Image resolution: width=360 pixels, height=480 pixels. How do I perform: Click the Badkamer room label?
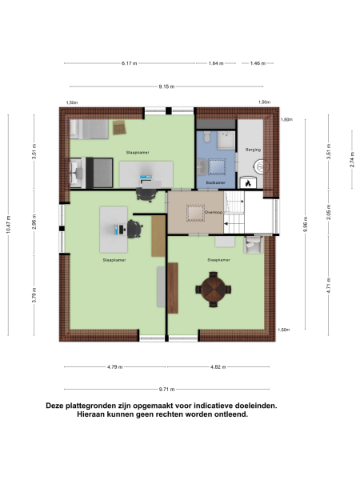(x=214, y=182)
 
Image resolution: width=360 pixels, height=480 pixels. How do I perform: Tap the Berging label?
(x=254, y=150)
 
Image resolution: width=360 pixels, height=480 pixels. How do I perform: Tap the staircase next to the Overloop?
(x=237, y=214)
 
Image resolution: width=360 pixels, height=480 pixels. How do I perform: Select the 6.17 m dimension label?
(x=130, y=62)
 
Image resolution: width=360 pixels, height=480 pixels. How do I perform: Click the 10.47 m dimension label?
(x=9, y=225)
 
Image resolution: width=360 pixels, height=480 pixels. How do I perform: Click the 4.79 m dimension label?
(x=114, y=366)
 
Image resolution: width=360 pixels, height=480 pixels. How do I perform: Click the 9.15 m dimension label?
(x=166, y=85)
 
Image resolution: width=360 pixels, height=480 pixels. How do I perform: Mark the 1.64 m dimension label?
(x=214, y=62)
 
